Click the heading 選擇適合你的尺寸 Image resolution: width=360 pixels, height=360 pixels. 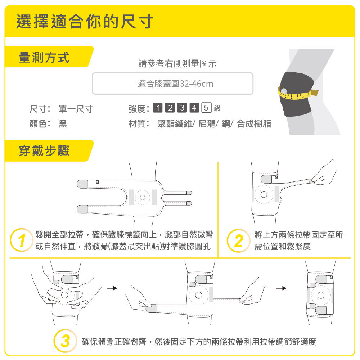pyautogui.click(x=85, y=21)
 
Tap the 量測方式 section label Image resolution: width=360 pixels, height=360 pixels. pyautogui.click(x=44, y=57)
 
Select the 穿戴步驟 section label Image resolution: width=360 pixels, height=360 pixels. pyautogui.click(x=44, y=151)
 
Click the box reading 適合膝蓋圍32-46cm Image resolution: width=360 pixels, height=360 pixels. pyautogui.click(x=173, y=84)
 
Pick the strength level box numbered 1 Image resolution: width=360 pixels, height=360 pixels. pyautogui.click(x=158, y=108)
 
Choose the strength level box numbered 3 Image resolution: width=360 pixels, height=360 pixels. pyautogui.click(x=182, y=108)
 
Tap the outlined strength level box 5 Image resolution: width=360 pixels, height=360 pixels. pyautogui.click(x=206, y=108)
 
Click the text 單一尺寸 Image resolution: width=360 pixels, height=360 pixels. pyautogui.click(x=76, y=109)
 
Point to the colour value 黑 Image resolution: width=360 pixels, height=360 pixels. pyautogui.click(x=63, y=124)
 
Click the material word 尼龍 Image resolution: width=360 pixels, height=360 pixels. pyautogui.click(x=207, y=124)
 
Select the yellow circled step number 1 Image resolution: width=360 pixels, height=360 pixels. pyautogui.click(x=22, y=240)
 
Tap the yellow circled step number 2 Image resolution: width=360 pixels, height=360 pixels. pyautogui.click(x=238, y=241)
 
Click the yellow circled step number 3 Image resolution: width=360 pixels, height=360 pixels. pyautogui.click(x=65, y=341)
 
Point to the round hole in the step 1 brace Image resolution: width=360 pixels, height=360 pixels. pyautogui.click(x=143, y=197)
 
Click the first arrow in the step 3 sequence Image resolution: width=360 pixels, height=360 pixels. pyautogui.click(x=112, y=288)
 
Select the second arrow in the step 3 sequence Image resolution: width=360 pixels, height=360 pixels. pyautogui.click(x=281, y=288)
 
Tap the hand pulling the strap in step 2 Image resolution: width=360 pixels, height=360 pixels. pyautogui.click(x=324, y=174)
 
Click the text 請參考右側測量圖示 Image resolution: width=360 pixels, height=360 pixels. pyautogui.click(x=177, y=64)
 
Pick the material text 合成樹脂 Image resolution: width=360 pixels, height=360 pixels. pyautogui.click(x=254, y=124)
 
